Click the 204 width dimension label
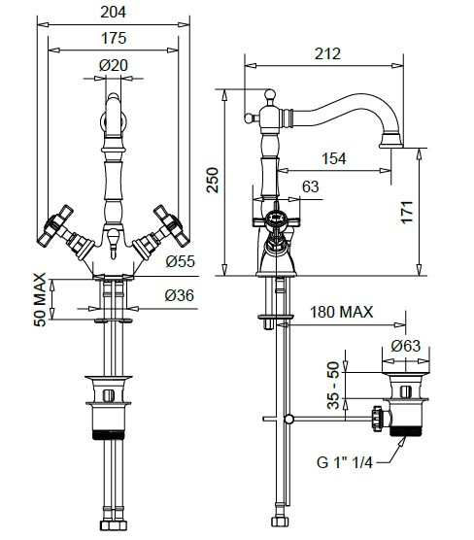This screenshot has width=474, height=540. (x=114, y=12)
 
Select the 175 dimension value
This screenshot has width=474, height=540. (x=114, y=38)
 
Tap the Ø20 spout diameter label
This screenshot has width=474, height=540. (x=114, y=65)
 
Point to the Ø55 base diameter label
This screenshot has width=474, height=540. (x=180, y=261)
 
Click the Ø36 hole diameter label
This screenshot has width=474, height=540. (x=179, y=295)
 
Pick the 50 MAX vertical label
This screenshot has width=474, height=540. (x=40, y=299)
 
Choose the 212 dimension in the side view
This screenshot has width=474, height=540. (x=327, y=53)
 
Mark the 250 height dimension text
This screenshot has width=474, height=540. (x=213, y=180)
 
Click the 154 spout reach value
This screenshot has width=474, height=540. (x=334, y=158)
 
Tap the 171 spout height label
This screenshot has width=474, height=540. (x=407, y=212)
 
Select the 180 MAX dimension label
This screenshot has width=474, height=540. (x=341, y=312)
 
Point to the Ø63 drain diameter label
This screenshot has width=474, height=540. (x=406, y=346)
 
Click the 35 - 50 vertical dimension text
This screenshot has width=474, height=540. (x=333, y=385)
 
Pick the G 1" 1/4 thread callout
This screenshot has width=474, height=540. (x=345, y=462)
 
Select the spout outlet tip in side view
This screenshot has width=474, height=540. (x=391, y=146)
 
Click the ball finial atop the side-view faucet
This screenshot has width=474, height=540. (x=270, y=94)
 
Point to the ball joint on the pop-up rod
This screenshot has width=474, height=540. (x=288, y=420)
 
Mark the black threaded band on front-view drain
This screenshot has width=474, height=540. (x=109, y=434)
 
